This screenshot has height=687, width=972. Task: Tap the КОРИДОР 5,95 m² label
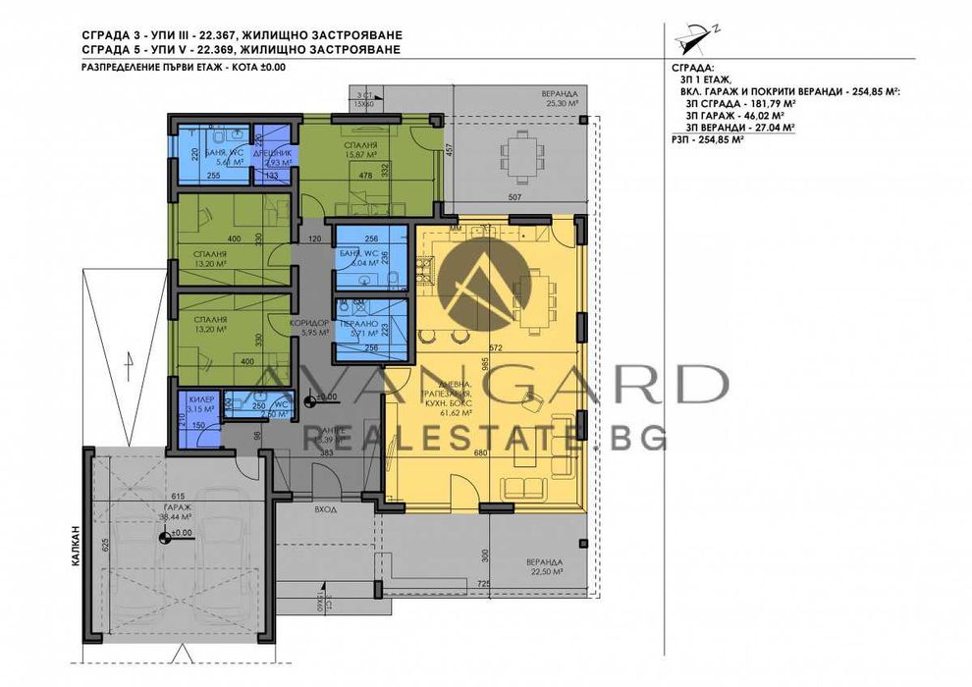(308, 327)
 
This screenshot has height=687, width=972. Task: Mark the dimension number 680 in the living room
(481, 454)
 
